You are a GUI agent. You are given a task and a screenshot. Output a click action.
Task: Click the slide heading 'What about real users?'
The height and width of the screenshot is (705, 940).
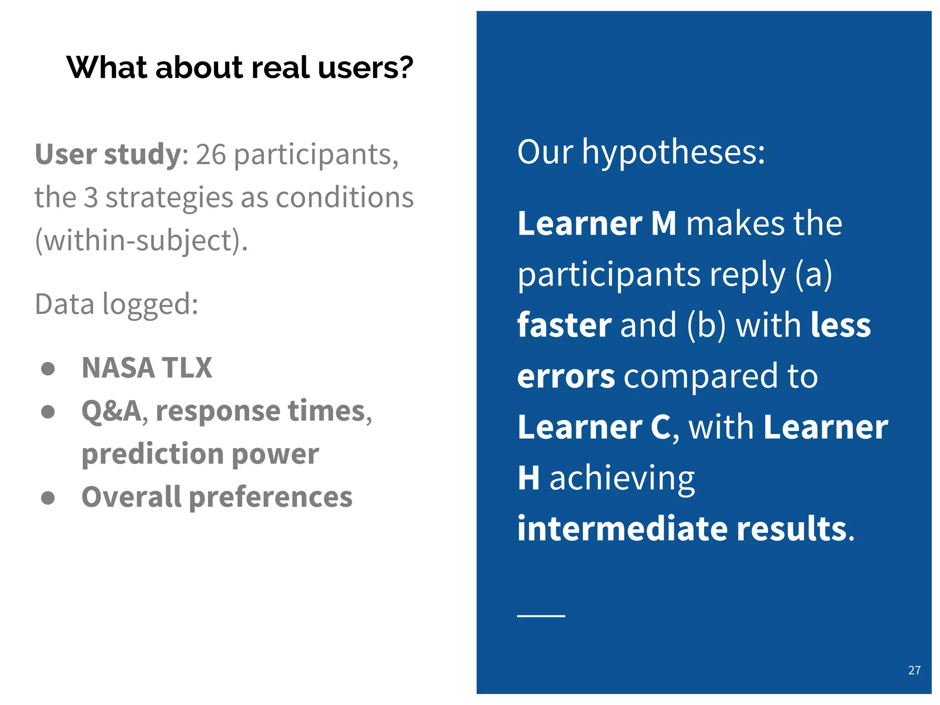click(x=240, y=67)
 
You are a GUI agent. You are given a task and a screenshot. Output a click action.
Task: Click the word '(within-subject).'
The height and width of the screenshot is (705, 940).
click(x=141, y=241)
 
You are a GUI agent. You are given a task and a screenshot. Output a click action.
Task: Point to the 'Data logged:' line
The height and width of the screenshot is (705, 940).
click(x=117, y=304)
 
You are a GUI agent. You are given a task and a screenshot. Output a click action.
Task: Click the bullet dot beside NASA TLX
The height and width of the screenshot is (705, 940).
click(x=48, y=369)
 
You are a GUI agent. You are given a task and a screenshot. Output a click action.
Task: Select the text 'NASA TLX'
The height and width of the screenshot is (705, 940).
click(x=147, y=368)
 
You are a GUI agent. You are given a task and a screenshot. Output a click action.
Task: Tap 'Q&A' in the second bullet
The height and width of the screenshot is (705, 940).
click(x=111, y=411)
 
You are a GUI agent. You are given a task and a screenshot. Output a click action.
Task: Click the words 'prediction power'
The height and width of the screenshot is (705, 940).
click(x=200, y=454)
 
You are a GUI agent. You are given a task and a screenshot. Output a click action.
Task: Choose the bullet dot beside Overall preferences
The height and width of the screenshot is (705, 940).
click(x=48, y=498)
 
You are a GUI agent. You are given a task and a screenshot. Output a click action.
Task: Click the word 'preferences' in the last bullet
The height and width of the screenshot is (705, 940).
click(x=271, y=497)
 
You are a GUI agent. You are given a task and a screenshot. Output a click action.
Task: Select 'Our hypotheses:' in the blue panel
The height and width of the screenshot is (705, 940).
click(x=641, y=152)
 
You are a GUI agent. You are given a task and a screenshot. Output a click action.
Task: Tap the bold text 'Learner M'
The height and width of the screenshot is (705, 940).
click(x=597, y=224)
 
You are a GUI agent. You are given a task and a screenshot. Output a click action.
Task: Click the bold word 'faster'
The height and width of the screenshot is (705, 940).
click(x=564, y=325)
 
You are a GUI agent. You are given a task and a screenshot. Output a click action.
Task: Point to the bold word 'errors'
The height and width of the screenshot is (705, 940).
click(x=565, y=376)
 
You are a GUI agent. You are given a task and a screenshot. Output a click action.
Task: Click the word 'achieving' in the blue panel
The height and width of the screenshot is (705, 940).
click(x=622, y=478)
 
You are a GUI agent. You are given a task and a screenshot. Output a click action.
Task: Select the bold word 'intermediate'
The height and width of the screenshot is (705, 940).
click(x=622, y=529)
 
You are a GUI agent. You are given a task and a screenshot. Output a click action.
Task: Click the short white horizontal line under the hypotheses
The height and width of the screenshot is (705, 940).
click(x=541, y=615)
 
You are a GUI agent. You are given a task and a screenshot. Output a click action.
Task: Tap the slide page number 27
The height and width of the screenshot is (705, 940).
click(x=914, y=670)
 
